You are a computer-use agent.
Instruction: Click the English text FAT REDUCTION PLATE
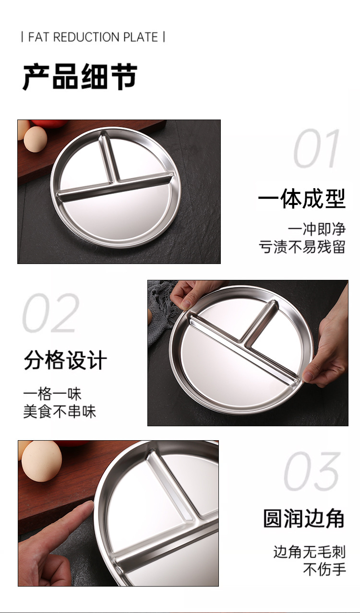[x=93, y=37]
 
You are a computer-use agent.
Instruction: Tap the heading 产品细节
[x=80, y=77]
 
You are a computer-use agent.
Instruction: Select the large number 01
[x=316, y=148]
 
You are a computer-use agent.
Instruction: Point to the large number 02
[x=51, y=313]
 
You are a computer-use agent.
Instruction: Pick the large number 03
[x=312, y=471]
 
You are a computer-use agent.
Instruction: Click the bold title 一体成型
[x=302, y=198]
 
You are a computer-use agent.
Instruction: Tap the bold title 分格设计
[x=65, y=360]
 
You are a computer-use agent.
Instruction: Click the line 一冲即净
[x=317, y=229]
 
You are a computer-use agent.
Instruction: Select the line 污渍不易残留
[x=302, y=247]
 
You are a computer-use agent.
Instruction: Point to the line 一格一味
[x=52, y=394]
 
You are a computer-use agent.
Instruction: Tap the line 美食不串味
[x=60, y=411]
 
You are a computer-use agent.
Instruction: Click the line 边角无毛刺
[x=310, y=552]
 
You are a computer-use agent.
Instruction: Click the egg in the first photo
[x=36, y=139]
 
